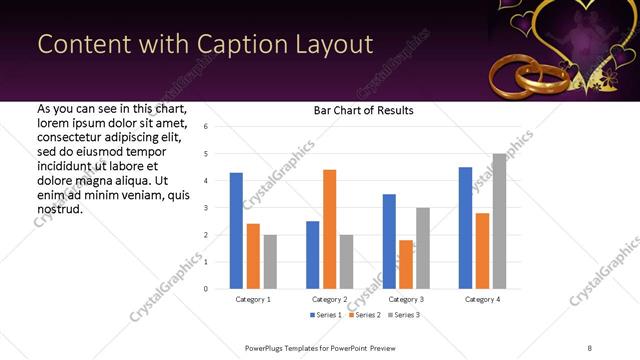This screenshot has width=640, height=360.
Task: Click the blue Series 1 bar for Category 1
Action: coord(236,231)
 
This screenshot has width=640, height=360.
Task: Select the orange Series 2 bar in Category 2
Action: coord(329,229)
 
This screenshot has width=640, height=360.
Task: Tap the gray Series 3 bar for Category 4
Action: coord(499,221)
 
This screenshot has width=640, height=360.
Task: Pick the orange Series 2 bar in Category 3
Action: coord(406,264)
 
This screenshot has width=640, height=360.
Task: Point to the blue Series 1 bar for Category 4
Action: coord(465,228)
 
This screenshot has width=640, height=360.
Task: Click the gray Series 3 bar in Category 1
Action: coord(270,262)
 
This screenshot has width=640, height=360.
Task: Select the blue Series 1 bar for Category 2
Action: coord(312,255)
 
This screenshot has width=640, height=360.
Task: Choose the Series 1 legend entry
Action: coord(327,315)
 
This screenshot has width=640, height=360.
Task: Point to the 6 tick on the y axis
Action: coord(205,127)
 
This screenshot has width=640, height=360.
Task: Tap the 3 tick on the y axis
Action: coord(205,208)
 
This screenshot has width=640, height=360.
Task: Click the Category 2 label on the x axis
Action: coord(329,299)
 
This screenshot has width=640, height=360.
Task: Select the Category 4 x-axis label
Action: coord(482,299)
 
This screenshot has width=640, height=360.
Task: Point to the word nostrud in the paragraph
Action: coord(59,210)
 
